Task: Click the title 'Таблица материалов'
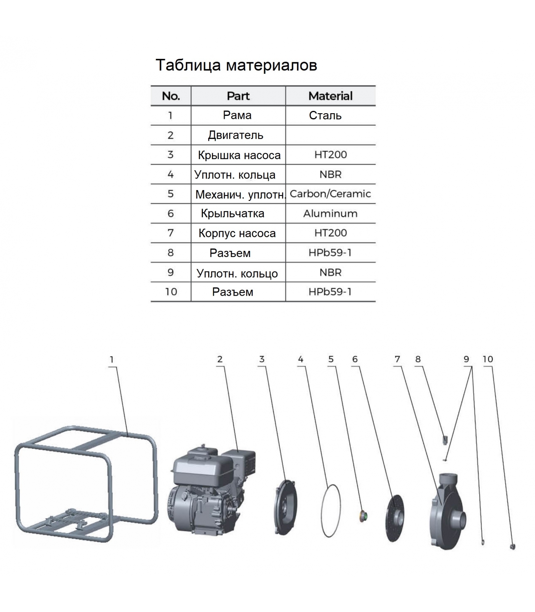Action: [236, 65]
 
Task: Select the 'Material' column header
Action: [331, 96]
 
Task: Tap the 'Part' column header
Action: [238, 96]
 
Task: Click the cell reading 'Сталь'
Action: [325, 116]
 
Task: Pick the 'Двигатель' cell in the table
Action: [235, 135]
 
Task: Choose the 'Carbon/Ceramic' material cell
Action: [330, 194]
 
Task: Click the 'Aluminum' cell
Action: [331, 213]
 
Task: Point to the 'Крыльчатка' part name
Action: [233, 213]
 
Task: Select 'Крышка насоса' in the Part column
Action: [239, 155]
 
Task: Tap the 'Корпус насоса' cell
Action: [237, 233]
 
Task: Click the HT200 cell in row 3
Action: [331, 155]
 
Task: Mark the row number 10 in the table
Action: [171, 292]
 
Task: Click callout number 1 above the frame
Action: [112, 360]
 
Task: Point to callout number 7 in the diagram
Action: [397, 359]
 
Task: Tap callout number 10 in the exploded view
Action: [488, 359]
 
